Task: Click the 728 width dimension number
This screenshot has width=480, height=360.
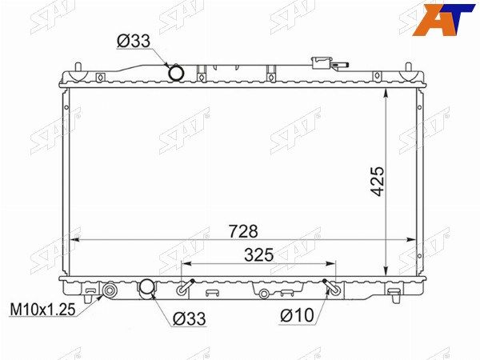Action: pos(244,231)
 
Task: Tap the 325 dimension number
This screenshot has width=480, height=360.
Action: pos(258,255)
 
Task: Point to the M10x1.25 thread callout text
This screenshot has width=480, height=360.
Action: pos(43,310)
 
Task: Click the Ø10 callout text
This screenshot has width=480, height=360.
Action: pos(298,315)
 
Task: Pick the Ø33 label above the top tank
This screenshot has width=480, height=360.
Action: pos(134,41)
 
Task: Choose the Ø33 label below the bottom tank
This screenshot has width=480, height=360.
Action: pos(189,318)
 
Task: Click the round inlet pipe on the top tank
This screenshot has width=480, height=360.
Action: pos(176,73)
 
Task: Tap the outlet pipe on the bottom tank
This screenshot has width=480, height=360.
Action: pos(146,288)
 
